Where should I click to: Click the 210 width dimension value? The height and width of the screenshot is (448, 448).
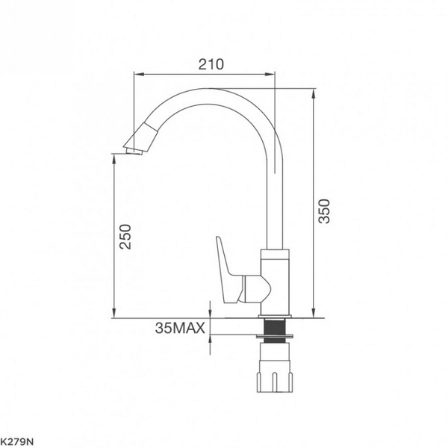point(211,64)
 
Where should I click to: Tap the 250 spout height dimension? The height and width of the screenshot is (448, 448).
point(125,237)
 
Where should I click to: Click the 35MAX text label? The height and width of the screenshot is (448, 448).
point(179,328)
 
